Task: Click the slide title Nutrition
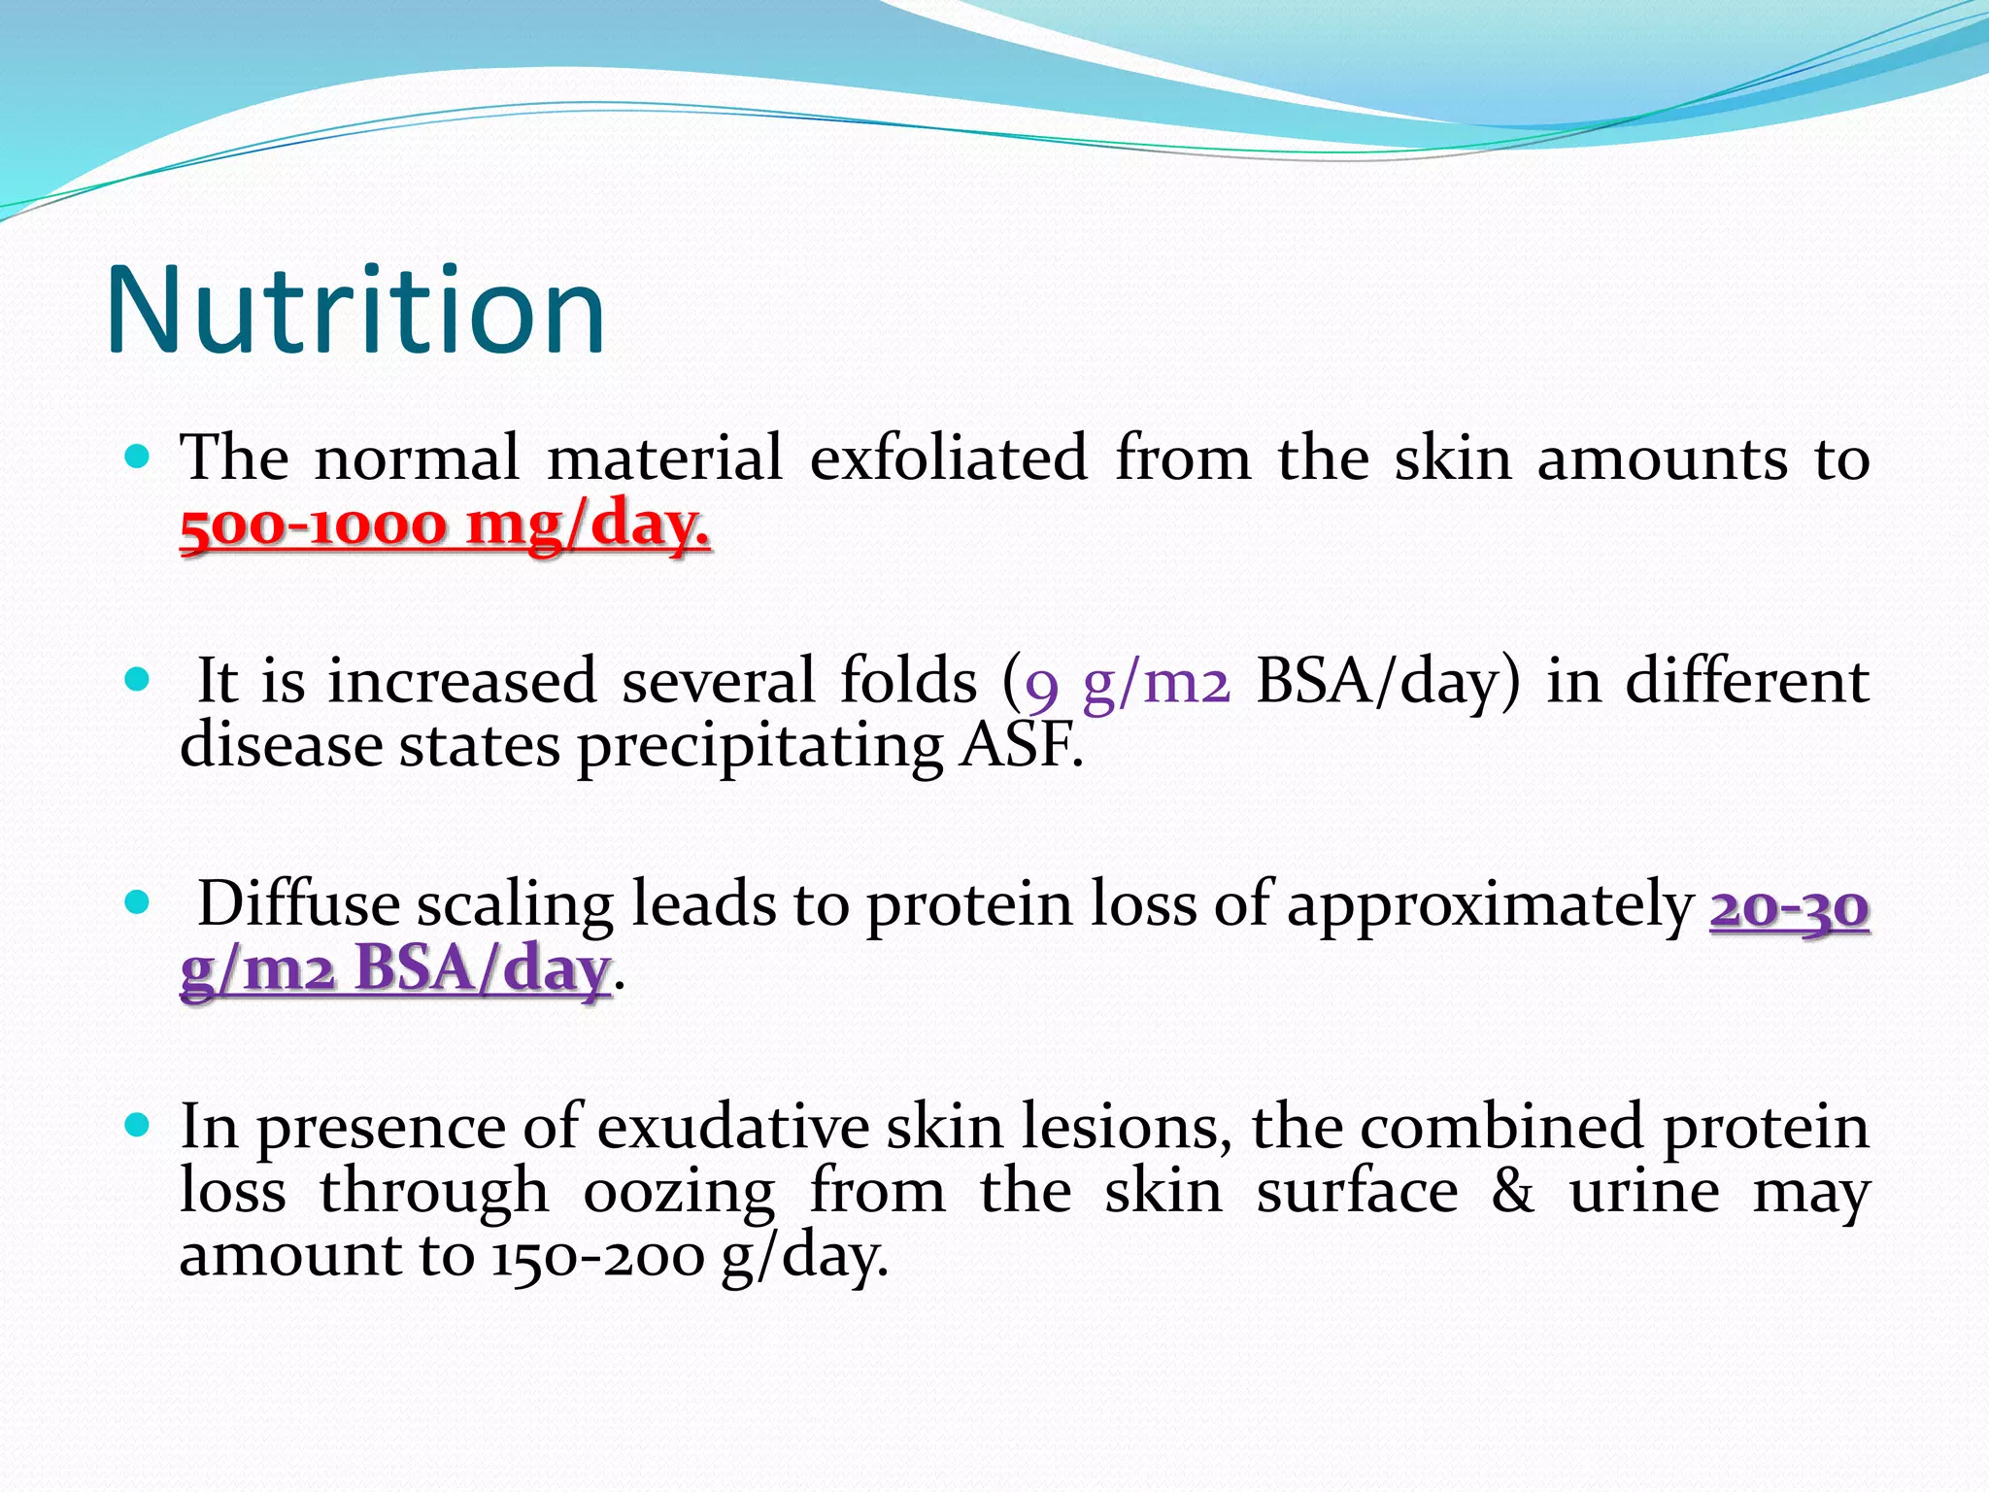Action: point(355,311)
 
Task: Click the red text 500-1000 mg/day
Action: point(445,526)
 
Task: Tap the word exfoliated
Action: point(948,458)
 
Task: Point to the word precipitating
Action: point(759,748)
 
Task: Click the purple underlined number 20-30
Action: point(1789,907)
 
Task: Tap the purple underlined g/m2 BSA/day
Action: point(395,969)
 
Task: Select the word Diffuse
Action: point(299,903)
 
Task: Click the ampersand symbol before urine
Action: point(1512,1192)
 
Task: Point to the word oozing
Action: point(678,1193)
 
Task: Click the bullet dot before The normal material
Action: point(138,456)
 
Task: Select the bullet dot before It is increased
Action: point(138,678)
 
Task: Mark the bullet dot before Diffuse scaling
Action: point(138,902)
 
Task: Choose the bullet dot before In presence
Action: point(138,1126)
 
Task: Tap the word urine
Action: point(1643,1192)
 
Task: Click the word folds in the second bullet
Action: point(908,680)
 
